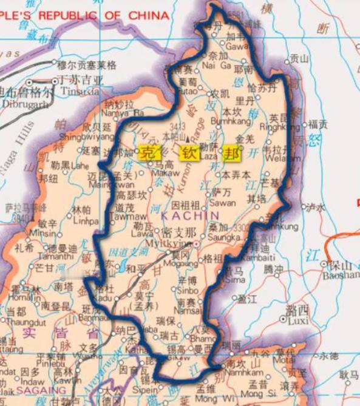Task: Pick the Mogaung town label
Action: pyautogui.click(x=181, y=265)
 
